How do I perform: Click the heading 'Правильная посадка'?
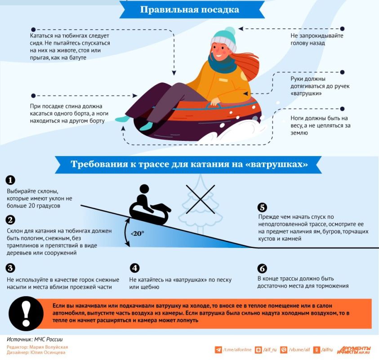tap(190, 10)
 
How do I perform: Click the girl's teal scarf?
tap(222, 64)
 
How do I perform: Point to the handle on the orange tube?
tap(213, 105)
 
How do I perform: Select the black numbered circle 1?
tap(10, 180)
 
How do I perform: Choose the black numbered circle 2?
tap(10, 220)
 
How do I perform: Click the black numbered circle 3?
tap(10, 268)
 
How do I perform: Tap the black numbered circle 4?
tap(134, 268)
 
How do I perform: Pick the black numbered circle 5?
tap(262, 207)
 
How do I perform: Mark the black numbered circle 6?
tap(262, 269)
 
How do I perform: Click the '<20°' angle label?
tap(137, 234)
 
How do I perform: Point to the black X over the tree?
tap(201, 199)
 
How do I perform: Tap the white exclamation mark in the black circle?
tap(26, 314)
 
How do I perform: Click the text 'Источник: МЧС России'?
tap(35, 339)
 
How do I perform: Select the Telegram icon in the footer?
tap(218, 350)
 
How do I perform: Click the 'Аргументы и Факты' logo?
tap(354, 350)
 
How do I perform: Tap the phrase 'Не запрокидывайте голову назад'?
tap(317, 40)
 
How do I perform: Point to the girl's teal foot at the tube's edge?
tap(123, 119)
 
